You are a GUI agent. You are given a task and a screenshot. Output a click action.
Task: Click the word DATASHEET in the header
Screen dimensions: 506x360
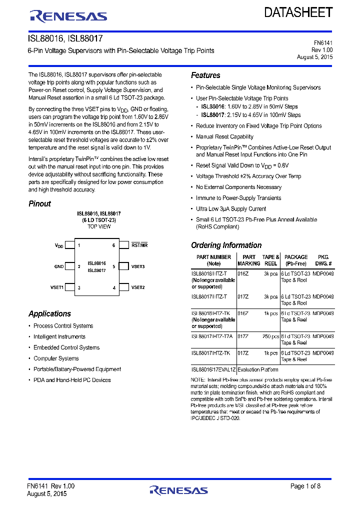tap(298, 13)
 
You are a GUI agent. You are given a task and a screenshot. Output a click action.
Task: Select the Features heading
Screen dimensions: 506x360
tap(205, 75)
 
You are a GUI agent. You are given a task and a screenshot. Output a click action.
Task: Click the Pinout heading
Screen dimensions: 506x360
tap(39, 203)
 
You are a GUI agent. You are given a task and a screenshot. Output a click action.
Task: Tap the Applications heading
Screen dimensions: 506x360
tap(49, 314)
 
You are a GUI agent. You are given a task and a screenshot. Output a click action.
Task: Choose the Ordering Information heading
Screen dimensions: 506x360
tap(226, 245)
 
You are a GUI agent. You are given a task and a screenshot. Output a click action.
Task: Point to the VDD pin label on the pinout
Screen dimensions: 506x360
tap(59, 245)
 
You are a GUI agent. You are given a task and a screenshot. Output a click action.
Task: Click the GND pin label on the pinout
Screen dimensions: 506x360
tap(59, 266)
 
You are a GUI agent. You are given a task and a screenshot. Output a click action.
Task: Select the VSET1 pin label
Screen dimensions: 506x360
tap(57, 287)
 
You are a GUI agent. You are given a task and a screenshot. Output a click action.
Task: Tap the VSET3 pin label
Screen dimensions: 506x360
tap(138, 266)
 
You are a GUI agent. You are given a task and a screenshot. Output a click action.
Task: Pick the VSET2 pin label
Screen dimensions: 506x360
tap(138, 287)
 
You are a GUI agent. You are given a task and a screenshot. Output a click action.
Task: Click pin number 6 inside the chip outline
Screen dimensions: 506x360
tap(114, 245)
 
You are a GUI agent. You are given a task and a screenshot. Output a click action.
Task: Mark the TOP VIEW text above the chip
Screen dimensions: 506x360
tap(99, 226)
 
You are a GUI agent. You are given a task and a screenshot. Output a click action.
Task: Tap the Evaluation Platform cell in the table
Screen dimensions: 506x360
tap(257, 369)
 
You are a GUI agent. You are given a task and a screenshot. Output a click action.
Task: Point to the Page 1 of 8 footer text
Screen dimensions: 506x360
tap(305, 486)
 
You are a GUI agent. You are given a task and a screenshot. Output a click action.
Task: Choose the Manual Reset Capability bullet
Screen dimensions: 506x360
tap(224, 136)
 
